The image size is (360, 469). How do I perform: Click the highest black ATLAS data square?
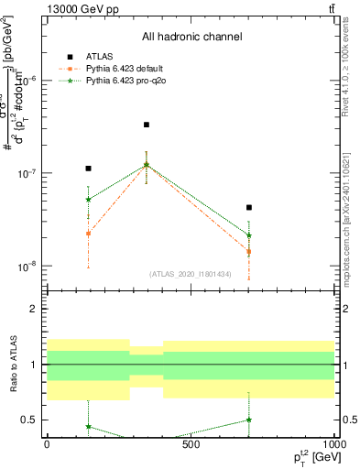[147, 125]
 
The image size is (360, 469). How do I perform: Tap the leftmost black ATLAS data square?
[88, 169]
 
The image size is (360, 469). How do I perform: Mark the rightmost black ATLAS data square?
[248, 208]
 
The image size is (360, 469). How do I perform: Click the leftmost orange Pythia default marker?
[88, 234]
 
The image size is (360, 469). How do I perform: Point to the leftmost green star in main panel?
[88, 199]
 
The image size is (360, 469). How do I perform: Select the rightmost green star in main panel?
[248, 235]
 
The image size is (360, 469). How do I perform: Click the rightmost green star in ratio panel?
[248, 420]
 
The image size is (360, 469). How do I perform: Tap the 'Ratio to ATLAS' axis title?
[14, 365]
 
